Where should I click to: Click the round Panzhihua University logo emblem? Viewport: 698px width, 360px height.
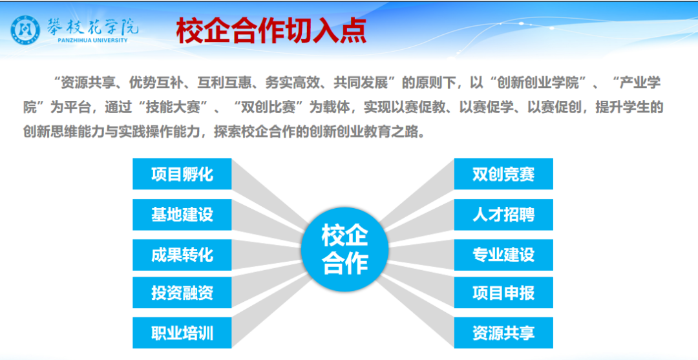(25, 30)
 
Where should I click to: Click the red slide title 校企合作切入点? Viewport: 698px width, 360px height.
(271, 31)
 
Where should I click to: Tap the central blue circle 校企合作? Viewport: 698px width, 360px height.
(344, 249)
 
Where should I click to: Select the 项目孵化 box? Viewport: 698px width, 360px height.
(182, 174)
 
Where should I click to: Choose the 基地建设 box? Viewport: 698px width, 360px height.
(182, 215)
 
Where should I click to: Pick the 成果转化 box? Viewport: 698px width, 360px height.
(182, 255)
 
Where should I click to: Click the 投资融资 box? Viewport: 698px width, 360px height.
(182, 293)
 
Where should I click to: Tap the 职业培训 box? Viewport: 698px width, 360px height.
(182, 333)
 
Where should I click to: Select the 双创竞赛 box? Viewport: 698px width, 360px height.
(503, 174)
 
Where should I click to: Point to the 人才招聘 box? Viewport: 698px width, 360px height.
(503, 215)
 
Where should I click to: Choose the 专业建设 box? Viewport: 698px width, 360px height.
(503, 255)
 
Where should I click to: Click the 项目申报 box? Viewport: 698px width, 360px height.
(503, 293)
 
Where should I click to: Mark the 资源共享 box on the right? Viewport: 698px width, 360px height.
(503, 333)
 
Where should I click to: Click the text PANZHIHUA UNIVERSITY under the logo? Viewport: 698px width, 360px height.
(92, 40)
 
